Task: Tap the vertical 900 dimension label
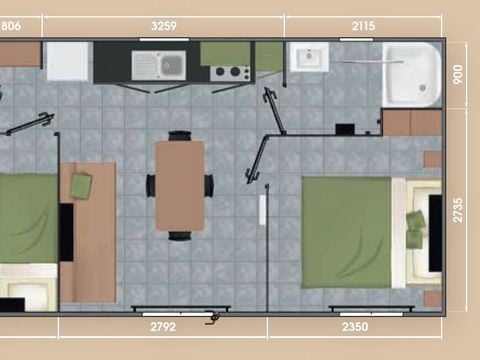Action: (458, 75)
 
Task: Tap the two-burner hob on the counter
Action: (231, 72)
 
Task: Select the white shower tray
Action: (413, 73)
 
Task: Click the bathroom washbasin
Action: (309, 57)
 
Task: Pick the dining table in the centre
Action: (180, 185)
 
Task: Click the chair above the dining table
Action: (180, 135)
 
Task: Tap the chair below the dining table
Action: (180, 235)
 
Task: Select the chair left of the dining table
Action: (151, 185)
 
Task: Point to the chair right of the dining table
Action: (209, 185)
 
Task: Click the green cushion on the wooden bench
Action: (81, 185)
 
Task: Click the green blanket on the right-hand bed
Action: (346, 230)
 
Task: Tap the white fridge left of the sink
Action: (68, 61)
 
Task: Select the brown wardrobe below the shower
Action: (411, 123)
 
